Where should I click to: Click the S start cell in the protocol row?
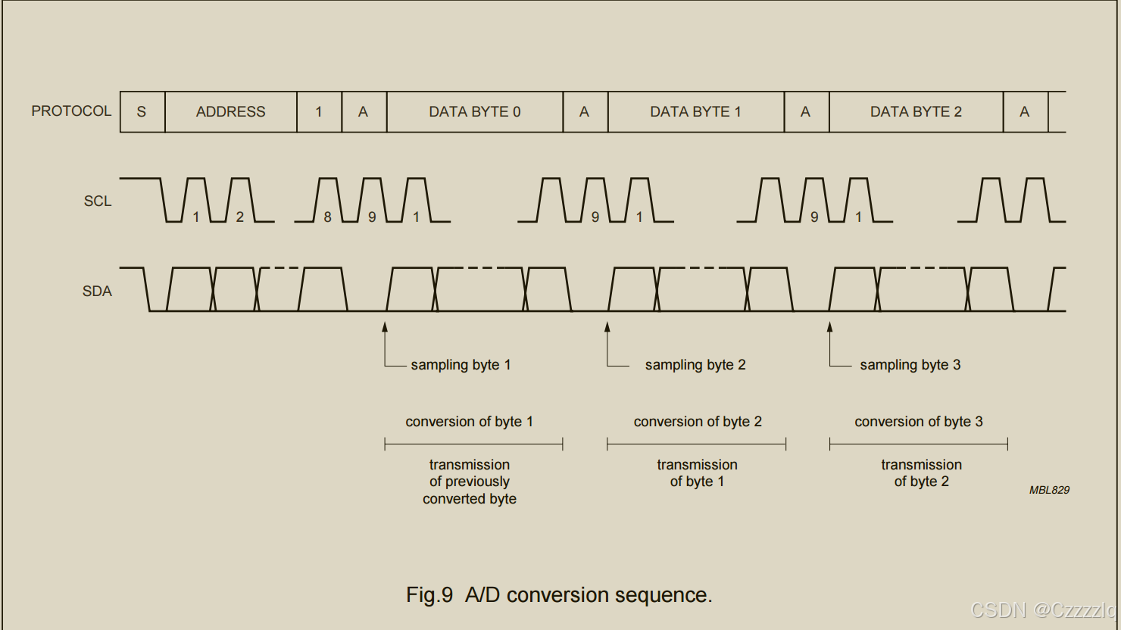142,112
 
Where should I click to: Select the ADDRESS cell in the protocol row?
230,112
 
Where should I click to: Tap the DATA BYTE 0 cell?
474,112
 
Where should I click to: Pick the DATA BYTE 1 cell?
695,112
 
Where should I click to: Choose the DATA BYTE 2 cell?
916,112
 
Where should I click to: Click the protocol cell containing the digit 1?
319,112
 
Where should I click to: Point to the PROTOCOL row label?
71,111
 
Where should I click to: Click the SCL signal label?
98,201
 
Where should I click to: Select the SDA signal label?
97,291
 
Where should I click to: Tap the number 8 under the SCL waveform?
327,217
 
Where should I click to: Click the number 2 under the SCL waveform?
239,217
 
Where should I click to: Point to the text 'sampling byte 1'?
461,365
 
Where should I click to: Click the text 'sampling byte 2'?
695,365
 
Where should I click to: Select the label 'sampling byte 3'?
910,365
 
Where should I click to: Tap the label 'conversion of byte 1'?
469,422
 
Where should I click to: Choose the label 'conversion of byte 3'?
918,422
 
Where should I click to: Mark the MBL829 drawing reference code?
1049,490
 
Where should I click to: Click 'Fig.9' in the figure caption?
429,595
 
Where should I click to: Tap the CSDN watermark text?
1042,610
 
